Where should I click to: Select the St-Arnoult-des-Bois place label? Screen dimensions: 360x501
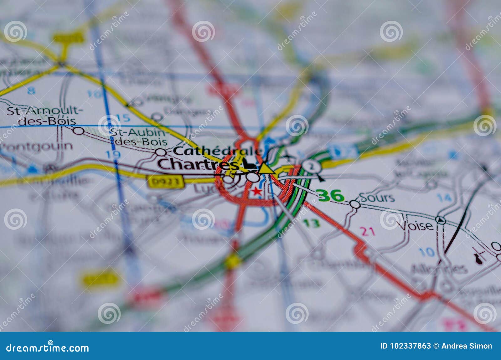point(45,116)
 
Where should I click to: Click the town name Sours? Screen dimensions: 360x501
point(377,198)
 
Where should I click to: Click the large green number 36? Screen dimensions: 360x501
point(330,196)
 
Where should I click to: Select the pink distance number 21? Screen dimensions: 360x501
point(368,232)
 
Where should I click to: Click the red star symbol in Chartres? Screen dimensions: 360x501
point(257,191)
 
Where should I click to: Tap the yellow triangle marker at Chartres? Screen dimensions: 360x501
point(266,168)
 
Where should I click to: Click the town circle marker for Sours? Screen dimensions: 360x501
point(355,204)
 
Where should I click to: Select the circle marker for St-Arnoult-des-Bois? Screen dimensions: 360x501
point(79,131)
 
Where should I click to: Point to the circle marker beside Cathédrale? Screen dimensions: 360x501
point(161,152)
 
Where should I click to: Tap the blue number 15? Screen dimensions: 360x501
point(123,118)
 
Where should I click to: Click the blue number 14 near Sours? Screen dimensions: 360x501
point(444,198)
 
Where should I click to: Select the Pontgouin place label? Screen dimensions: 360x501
point(37,146)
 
